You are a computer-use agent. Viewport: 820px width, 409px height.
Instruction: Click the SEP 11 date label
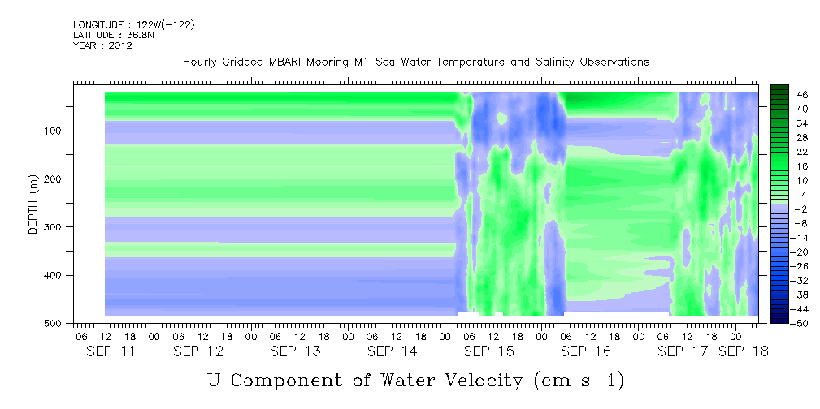coord(111,351)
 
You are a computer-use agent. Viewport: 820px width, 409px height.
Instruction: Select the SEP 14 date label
coord(393,351)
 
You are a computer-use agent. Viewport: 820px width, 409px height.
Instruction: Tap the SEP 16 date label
coord(586,351)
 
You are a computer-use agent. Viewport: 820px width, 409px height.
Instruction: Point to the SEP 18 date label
coord(743,351)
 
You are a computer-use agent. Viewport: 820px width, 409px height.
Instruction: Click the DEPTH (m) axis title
coord(33,204)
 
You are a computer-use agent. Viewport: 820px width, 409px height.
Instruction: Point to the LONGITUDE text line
coord(134,24)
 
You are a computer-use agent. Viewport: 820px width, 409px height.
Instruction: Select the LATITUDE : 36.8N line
coord(114,35)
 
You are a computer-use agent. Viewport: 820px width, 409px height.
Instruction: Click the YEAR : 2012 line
coord(102,45)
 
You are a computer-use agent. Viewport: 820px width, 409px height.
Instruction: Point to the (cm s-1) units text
coord(579,381)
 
